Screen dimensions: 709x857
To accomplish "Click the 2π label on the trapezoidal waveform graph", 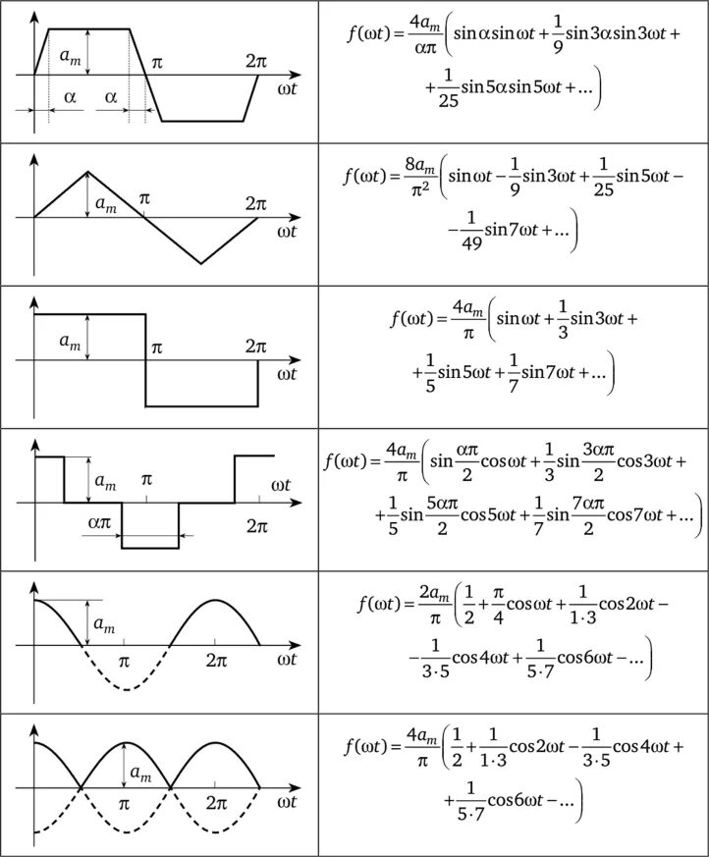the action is [x=256, y=60].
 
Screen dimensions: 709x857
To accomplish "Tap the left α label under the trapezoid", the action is [x=70, y=98].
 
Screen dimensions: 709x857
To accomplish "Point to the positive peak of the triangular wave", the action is [x=87, y=172].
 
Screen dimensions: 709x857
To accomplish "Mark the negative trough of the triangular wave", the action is [x=201, y=263].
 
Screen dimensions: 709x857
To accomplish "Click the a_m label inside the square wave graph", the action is [x=71, y=342].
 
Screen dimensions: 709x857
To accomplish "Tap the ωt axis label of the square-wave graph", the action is [x=287, y=374].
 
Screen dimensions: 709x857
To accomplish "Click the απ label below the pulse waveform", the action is [x=99, y=524].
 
